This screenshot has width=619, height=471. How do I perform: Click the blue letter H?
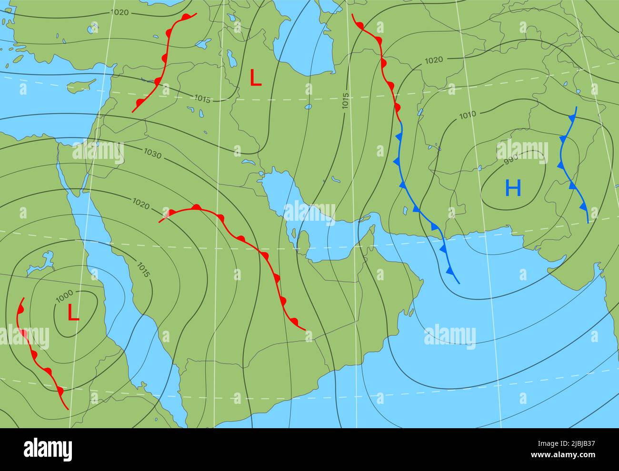513,188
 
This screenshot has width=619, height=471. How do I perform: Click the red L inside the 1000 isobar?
73,313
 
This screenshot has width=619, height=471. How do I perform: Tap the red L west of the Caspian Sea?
256,78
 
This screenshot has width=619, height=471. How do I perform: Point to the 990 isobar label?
510,161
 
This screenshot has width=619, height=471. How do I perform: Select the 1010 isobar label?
467,115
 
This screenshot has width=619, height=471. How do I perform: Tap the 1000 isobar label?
64,296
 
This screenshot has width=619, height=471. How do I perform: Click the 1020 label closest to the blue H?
433,60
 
